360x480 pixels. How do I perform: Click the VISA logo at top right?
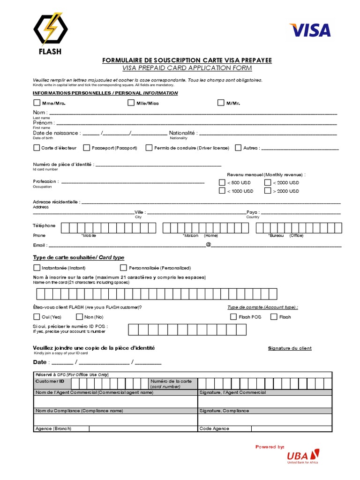point(310,30)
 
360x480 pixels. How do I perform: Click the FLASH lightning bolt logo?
point(50,29)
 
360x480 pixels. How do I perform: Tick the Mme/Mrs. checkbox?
point(37,103)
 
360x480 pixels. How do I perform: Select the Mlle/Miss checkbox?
point(131,103)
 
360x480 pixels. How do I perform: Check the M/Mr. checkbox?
point(221,103)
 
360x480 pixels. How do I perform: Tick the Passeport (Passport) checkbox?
point(87,148)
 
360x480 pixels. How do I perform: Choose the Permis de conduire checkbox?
point(149,148)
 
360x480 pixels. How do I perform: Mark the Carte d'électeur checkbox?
point(37,148)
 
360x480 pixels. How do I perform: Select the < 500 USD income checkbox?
point(222,182)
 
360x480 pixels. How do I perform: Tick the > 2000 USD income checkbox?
point(268,191)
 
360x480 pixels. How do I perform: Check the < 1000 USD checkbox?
point(222,191)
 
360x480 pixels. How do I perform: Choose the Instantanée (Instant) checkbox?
point(37,268)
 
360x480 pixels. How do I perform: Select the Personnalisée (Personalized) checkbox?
point(124,268)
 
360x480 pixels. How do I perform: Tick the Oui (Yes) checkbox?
point(37,317)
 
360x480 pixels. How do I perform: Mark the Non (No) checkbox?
point(79,317)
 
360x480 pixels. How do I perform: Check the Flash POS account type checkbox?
point(233,317)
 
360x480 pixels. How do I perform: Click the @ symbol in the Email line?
point(208,245)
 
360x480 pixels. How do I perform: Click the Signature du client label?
point(290,348)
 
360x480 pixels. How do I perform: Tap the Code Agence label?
point(214,428)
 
